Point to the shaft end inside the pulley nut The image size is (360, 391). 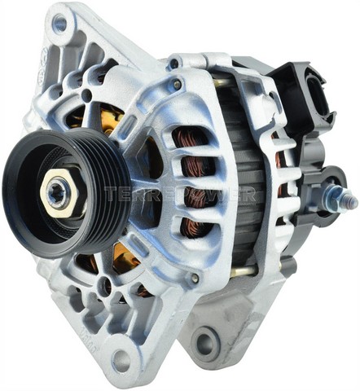point(57,193)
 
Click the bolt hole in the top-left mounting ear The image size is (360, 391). point(59,24)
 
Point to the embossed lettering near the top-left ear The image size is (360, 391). point(36,61)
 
